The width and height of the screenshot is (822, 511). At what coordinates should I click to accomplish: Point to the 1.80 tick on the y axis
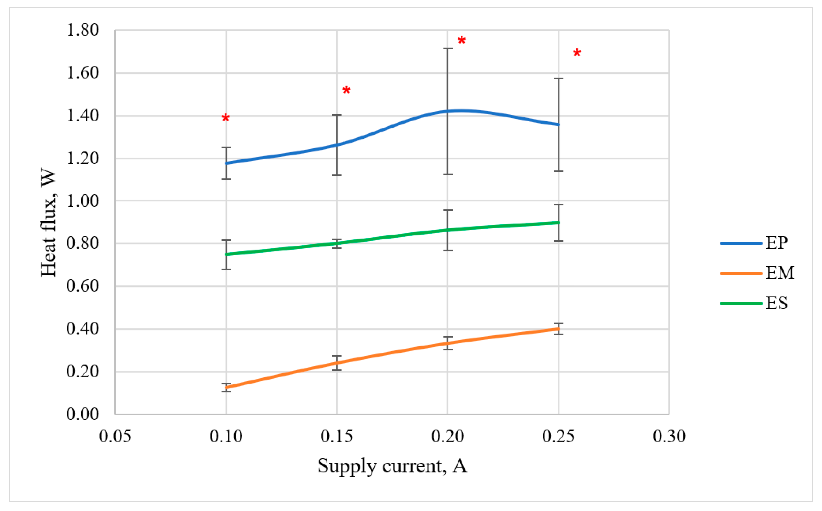click(x=83, y=30)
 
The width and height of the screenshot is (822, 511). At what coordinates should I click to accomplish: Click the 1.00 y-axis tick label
click(x=83, y=201)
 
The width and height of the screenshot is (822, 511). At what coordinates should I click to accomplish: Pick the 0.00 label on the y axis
click(x=83, y=414)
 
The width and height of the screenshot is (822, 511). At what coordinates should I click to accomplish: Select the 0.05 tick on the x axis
click(x=115, y=436)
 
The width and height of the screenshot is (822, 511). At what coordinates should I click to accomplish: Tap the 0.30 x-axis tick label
click(x=669, y=436)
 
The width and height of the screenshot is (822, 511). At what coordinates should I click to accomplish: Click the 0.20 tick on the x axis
click(x=448, y=436)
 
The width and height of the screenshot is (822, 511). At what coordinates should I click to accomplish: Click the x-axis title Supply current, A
click(x=392, y=466)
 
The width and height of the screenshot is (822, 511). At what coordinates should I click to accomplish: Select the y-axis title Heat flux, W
click(x=48, y=222)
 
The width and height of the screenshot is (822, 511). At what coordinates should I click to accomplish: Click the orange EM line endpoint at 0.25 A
click(x=558, y=329)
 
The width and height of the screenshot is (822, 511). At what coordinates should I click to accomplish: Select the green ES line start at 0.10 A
click(x=226, y=254)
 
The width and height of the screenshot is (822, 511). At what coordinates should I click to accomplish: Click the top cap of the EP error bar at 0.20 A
click(x=448, y=48)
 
